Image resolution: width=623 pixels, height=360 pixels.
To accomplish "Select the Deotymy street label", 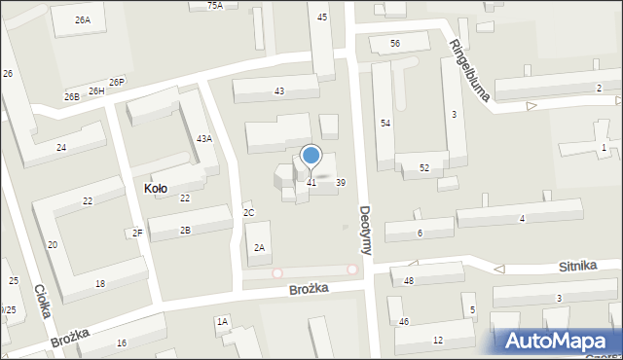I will tap(364, 230).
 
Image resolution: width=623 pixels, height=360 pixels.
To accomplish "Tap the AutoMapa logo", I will tap(558, 341).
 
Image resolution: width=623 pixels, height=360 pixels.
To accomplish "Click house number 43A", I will tap(204, 139).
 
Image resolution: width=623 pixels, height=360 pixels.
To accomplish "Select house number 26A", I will tap(83, 19).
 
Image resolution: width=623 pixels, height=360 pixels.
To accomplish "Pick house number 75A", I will tap(215, 5).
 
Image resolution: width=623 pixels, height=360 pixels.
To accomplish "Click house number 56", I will tap(395, 44).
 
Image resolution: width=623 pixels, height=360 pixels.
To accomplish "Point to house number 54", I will tap(385, 124).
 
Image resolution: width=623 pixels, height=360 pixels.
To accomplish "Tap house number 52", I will tap(424, 168).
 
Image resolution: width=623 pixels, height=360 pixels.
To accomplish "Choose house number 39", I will tap(341, 182).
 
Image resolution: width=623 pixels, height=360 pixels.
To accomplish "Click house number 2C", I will tap(249, 212).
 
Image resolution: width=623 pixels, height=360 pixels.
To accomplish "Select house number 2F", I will tap(138, 232).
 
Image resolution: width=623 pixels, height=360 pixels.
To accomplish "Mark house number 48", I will tap(409, 280).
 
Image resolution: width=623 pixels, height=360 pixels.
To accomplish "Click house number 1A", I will tap(222, 321).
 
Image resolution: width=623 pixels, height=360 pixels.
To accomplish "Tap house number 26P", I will tap(117, 82).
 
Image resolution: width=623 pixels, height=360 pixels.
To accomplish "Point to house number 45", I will tap(322, 17).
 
